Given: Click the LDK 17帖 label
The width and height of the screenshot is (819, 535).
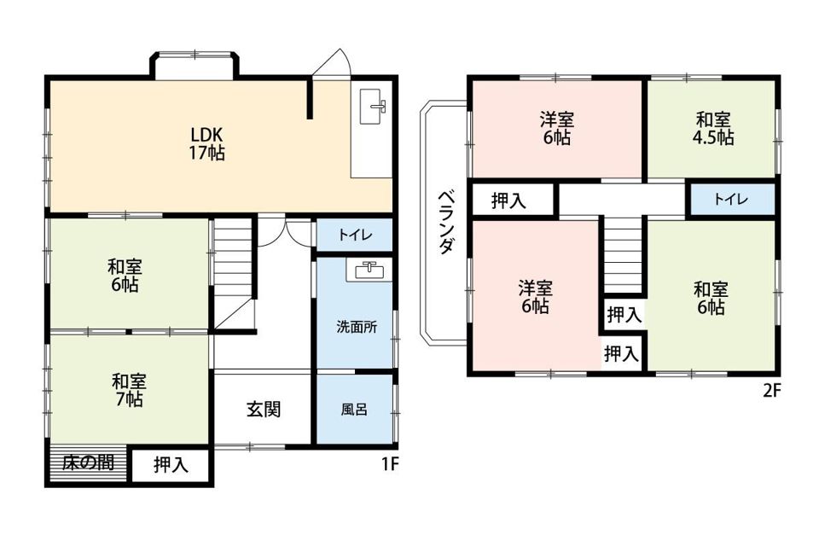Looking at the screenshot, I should (207, 144).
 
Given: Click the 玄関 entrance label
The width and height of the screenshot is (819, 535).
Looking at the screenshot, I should (264, 409).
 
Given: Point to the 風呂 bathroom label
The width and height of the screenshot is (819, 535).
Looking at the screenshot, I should (354, 409).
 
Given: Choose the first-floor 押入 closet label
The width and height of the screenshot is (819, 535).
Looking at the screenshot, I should (171, 465).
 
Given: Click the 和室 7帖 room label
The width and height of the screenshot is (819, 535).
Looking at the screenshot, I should (128, 389).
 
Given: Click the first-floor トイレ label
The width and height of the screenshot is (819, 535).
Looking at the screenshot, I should (354, 236).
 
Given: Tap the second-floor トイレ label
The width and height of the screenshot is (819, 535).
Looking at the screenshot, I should (731, 200).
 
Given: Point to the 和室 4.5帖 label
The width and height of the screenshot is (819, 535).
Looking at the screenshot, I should (713, 128).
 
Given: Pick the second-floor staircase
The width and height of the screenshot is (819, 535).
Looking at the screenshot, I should (624, 254).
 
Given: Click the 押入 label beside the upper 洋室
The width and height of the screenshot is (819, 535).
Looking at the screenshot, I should (508, 201).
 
